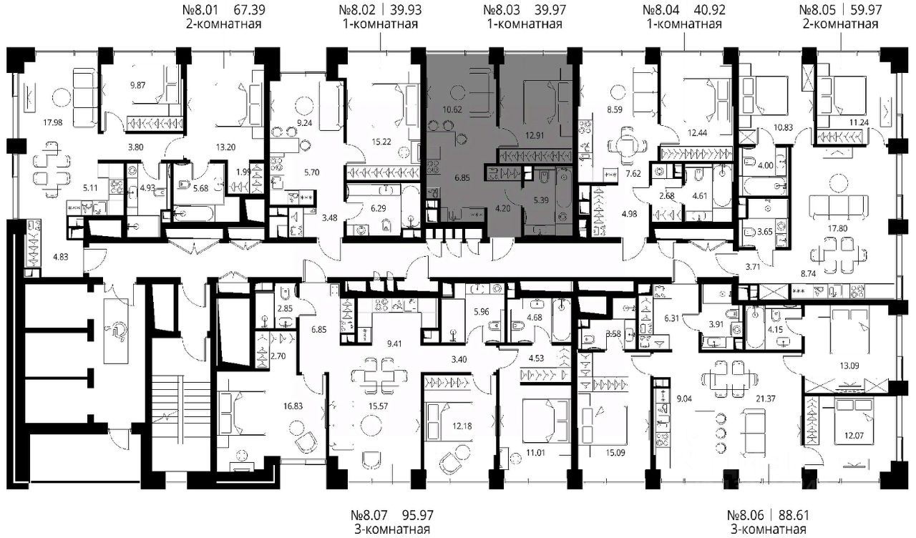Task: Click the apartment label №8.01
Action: [x=200, y=10]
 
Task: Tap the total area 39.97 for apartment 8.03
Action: [x=545, y=10]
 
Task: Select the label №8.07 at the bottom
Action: [x=369, y=515]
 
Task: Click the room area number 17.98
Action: [x=53, y=122]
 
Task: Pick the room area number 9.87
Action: [x=138, y=85]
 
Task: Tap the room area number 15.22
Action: [x=381, y=142]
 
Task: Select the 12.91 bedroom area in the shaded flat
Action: [x=535, y=135]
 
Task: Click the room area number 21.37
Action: [x=766, y=398]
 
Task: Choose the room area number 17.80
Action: [x=837, y=228]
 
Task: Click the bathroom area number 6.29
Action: [x=379, y=208]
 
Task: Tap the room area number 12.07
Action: [x=854, y=436]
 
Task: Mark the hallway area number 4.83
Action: [x=61, y=257]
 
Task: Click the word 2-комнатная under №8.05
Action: [x=840, y=24]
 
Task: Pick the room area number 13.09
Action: [x=849, y=366]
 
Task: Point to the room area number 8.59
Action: [x=615, y=109]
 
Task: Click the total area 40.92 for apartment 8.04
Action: [x=708, y=10]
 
